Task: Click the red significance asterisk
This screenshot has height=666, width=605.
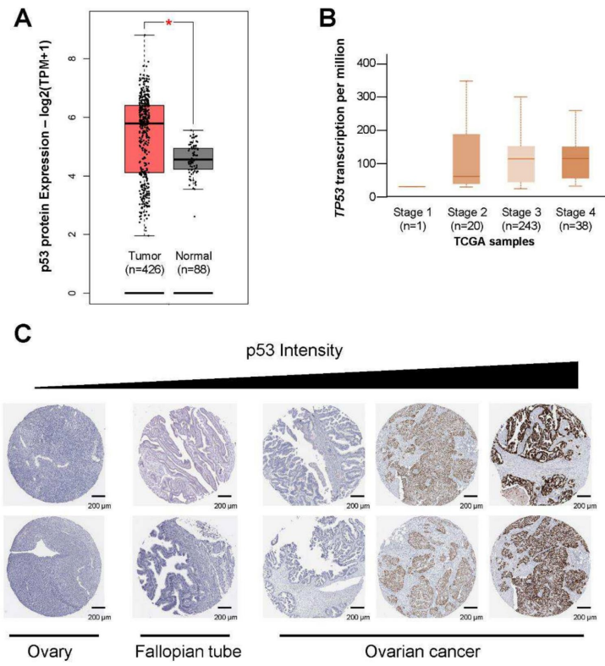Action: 168,23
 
